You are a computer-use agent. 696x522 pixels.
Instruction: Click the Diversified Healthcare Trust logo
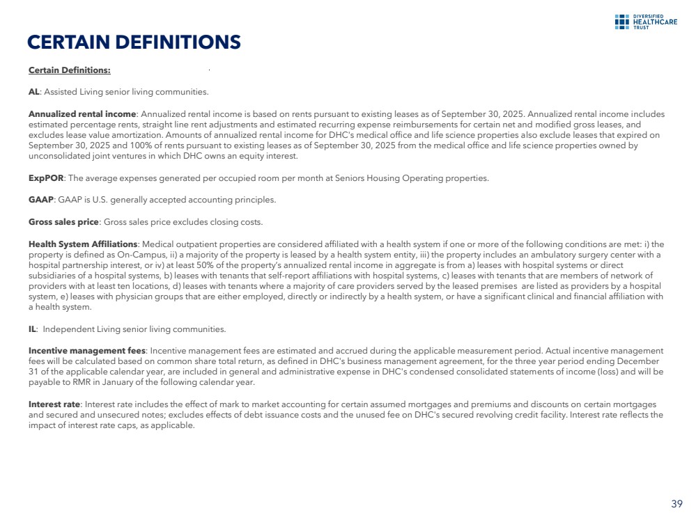coord(640,22)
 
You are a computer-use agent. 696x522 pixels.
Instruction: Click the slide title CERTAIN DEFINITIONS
coord(134,43)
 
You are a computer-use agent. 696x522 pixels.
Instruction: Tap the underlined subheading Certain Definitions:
coord(69,70)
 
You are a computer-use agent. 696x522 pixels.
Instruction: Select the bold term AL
coord(33,92)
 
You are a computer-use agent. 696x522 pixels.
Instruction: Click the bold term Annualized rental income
coord(82,113)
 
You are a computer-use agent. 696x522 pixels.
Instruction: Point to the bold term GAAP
coord(41,200)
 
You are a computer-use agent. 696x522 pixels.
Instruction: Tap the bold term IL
coord(32,329)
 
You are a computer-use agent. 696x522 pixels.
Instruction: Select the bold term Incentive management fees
coord(87,351)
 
